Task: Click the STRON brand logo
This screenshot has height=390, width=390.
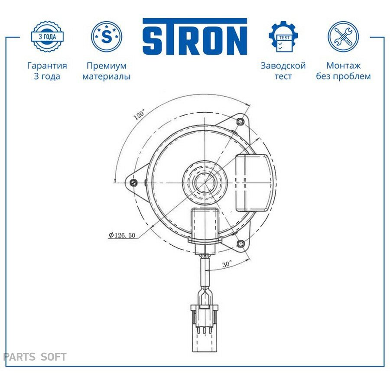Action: [195, 36]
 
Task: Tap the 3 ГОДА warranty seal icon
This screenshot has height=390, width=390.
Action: [47, 36]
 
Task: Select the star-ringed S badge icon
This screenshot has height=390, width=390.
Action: [107, 36]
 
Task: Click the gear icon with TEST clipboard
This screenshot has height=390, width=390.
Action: [283, 36]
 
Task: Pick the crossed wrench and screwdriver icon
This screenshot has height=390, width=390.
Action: [343, 36]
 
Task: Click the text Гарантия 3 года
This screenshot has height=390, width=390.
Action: [47, 71]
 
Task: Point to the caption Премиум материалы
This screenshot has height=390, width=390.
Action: [107, 71]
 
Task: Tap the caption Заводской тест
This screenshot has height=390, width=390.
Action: [283, 71]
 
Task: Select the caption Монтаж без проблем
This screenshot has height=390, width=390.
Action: [343, 71]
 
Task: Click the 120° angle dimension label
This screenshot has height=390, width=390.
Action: [139, 115]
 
